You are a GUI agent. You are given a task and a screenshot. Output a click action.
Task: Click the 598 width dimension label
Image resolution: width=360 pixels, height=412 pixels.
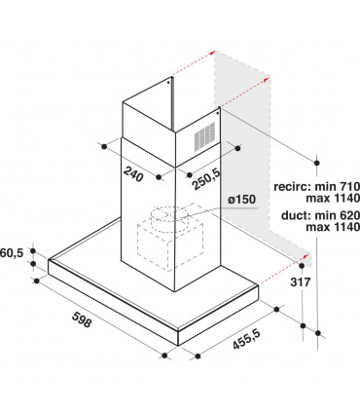(x=82, y=319)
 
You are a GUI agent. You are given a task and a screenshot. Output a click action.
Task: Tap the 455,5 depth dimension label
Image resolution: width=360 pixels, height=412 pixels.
(x=246, y=339)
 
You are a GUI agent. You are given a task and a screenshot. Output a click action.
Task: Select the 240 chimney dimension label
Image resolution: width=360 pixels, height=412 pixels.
(x=133, y=173)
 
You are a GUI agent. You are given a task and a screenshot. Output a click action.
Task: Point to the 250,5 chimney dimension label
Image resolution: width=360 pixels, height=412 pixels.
(x=206, y=179)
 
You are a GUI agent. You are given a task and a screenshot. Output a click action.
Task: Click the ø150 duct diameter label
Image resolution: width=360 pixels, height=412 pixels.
(x=242, y=199)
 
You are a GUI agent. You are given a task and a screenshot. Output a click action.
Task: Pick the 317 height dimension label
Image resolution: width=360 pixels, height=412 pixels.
(x=300, y=281)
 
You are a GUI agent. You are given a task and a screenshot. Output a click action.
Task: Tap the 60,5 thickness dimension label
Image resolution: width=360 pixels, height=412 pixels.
(x=12, y=252)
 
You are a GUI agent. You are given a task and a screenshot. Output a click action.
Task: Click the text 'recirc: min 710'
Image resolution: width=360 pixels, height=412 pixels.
(x=317, y=186)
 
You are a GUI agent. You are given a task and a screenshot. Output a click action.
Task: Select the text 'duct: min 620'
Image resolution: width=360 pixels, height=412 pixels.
(x=320, y=215)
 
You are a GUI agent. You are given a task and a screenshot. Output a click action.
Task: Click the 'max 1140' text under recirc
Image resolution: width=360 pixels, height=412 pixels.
(x=333, y=198)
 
